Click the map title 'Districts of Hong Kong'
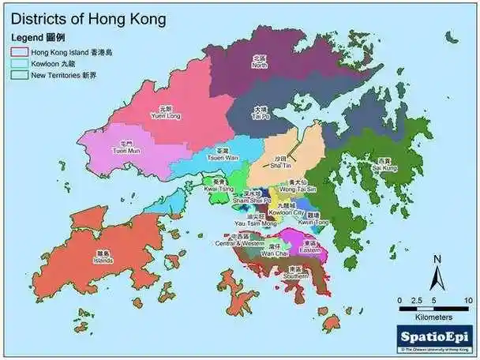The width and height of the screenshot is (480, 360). coord(88,18)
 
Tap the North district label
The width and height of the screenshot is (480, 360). coord(259,62)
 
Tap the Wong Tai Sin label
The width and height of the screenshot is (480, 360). coord(297,188)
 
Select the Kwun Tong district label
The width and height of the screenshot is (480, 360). coord(313,219)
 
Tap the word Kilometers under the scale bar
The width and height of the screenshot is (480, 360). coord(434,316)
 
